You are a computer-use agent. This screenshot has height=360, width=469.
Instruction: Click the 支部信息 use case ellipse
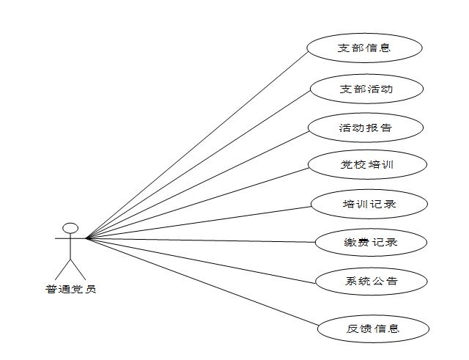pos(364,48)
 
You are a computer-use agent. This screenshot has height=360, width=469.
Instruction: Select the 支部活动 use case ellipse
pos(366,89)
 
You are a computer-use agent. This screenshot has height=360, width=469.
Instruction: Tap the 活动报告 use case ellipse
pos(366,128)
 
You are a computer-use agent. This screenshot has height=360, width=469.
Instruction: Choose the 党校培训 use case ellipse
pos(367,164)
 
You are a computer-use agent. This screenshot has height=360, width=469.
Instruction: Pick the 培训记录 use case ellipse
pos(369,203)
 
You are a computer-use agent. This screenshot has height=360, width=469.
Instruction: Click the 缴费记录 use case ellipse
pos(371,241)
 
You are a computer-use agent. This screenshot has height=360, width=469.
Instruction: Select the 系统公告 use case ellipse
pos(372,281)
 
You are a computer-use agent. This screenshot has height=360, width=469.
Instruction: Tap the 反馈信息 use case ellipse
pos(373,328)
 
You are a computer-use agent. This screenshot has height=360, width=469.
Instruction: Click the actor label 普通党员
pos(70,289)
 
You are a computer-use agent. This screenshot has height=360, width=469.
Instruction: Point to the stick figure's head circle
pos(70,228)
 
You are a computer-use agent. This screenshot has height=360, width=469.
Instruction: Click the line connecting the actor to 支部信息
pos(198,144)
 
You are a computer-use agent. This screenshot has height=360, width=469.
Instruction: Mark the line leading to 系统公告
pos(202,259)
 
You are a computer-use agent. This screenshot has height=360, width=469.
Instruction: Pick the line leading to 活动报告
pos(198,185)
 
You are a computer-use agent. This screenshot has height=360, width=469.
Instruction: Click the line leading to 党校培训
pos(198,203)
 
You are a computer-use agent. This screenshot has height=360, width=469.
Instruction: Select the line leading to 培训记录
pos(198,222)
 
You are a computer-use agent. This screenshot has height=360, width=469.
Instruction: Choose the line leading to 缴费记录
pos(202,240)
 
